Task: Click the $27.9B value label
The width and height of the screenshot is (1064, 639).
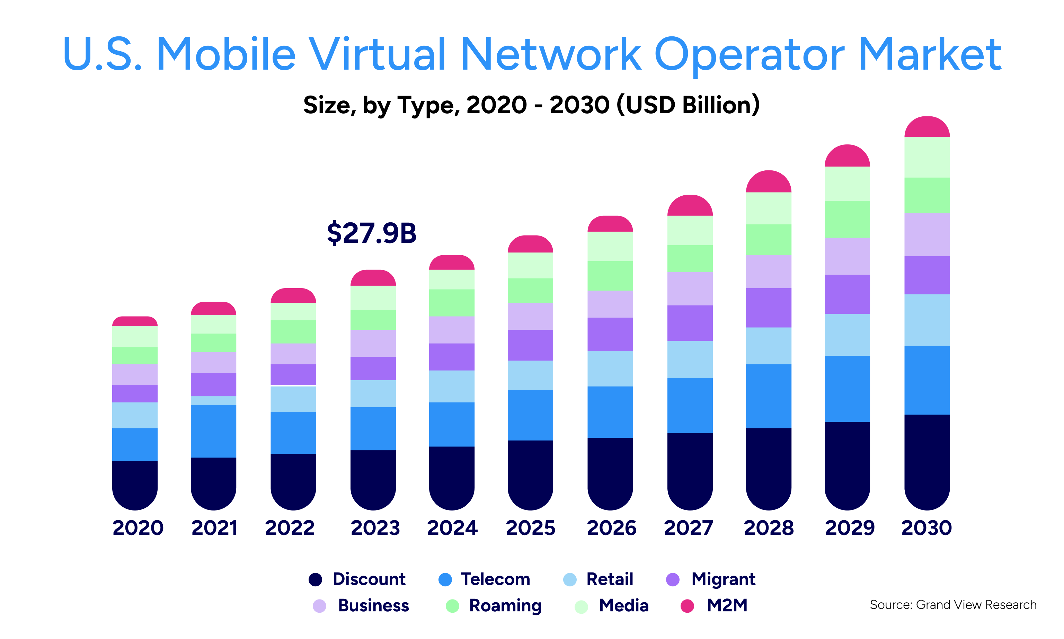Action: pos(371,233)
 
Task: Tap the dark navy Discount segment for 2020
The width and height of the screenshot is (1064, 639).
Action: pos(135,485)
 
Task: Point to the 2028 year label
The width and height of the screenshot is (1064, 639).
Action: pos(768,528)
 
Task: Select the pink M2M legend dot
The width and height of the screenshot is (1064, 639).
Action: pos(687,606)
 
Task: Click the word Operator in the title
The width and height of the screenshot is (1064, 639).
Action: pos(749,55)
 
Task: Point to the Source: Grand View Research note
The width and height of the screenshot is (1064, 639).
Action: pos(952,605)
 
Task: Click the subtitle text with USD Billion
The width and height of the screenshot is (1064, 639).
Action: pos(531,105)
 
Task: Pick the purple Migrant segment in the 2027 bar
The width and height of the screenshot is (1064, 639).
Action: pos(690,323)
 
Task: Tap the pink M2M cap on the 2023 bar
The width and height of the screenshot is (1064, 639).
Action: pos(373,278)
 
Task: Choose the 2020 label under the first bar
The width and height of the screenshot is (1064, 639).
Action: pos(138,528)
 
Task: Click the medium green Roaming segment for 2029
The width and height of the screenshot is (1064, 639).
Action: pos(847,219)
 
